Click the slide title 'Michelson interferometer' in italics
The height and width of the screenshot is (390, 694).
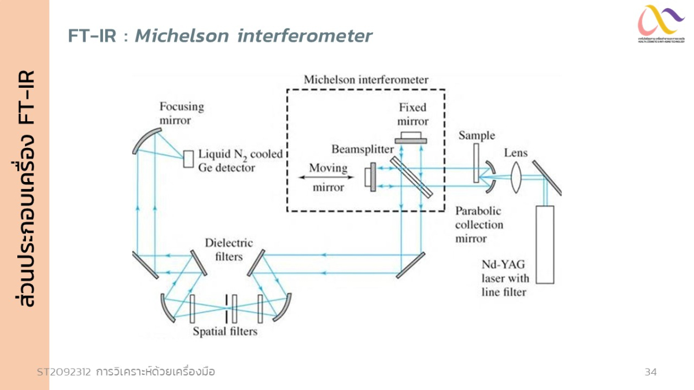click(x=253, y=36)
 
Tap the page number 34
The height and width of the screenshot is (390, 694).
click(x=651, y=372)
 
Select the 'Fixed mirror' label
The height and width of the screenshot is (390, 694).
click(x=413, y=114)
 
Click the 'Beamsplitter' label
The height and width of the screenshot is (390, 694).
click(x=363, y=149)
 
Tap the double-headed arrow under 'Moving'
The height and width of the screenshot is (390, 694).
click(x=322, y=178)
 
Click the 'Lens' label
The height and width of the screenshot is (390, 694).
click(x=516, y=153)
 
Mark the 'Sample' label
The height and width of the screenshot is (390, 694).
click(x=477, y=135)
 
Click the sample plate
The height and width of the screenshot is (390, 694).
click(x=476, y=164)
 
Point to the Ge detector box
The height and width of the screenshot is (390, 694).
click(x=189, y=159)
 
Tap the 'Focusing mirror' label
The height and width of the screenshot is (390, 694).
click(x=182, y=113)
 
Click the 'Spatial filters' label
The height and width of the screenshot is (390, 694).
click(x=225, y=332)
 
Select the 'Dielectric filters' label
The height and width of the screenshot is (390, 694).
click(x=228, y=249)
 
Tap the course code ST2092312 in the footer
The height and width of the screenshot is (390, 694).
click(x=64, y=372)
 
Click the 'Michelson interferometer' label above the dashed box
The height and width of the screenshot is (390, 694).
click(x=366, y=80)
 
